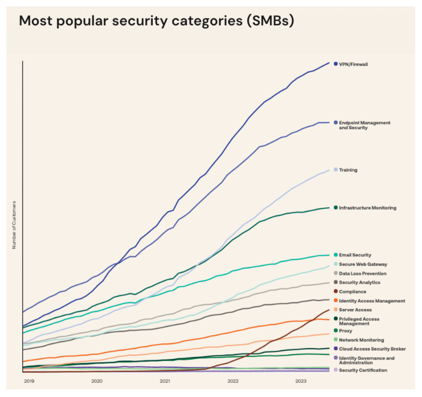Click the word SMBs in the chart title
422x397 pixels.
[x=270, y=21]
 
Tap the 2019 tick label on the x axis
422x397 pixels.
[x=29, y=381]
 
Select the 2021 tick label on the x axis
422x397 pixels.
[x=165, y=381]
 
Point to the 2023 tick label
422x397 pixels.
[x=301, y=381]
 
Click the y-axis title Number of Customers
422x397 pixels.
[x=14, y=225]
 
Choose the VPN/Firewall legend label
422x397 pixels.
[x=353, y=65]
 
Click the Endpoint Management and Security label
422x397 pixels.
[x=364, y=125]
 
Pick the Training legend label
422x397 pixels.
[x=348, y=170]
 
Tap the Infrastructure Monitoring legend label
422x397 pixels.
[x=367, y=208]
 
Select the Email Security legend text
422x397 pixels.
[x=355, y=255]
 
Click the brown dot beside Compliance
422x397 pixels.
[x=336, y=291]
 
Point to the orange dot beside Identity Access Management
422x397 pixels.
[x=336, y=300]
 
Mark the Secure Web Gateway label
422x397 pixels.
[x=363, y=264]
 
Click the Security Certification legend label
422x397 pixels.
[x=363, y=370]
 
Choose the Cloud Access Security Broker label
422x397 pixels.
[x=372, y=349]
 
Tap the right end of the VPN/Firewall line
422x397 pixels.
[x=329, y=63]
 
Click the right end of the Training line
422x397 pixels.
[x=329, y=170]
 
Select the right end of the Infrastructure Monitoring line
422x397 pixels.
[x=329, y=208]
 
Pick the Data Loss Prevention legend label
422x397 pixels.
[x=363, y=274]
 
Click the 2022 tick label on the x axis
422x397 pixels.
[x=233, y=381]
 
